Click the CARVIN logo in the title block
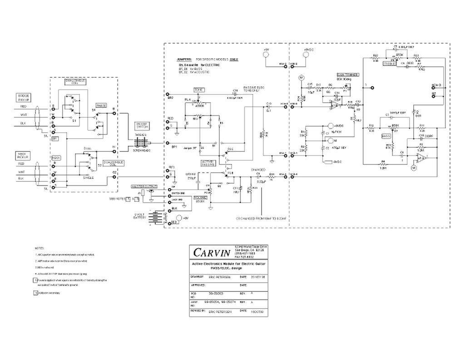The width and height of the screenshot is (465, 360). [x=212, y=251]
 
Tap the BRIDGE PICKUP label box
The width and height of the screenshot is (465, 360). [x=24, y=98]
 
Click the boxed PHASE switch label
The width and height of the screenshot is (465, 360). [x=101, y=105]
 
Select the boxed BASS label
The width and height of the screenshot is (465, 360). [x=386, y=136]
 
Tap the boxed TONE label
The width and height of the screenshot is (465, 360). [x=199, y=90]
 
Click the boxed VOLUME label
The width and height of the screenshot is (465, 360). [x=200, y=198]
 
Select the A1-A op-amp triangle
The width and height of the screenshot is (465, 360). [x=421, y=159]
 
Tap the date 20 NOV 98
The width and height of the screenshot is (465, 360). [x=257, y=276]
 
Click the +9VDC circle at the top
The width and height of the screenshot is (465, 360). [x=307, y=55]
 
